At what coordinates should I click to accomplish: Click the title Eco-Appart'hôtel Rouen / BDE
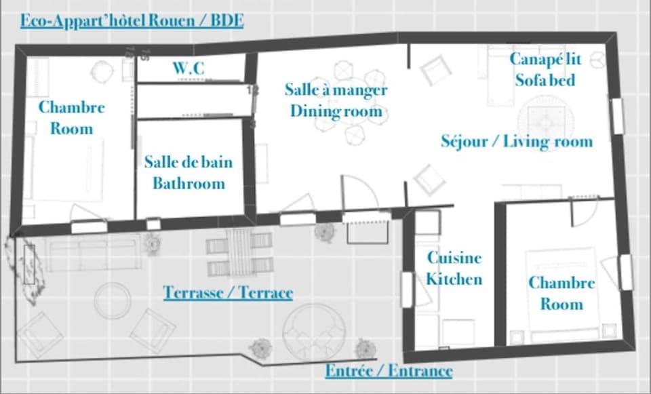point(132,20)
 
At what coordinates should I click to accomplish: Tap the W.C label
point(188,68)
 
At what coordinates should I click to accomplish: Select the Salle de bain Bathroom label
point(188,172)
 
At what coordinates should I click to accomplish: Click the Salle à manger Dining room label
point(336,100)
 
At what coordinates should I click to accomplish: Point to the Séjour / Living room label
point(517,141)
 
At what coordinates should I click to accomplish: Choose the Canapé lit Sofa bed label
point(545,69)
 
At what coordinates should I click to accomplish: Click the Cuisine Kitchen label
point(454,268)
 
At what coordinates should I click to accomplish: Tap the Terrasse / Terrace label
point(228,292)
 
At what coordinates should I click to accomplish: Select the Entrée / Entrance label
point(389,371)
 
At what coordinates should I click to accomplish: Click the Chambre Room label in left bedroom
point(71,117)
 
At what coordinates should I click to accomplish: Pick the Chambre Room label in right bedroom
point(561,293)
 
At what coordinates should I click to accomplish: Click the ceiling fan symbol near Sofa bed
point(596,61)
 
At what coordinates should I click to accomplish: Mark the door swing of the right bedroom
point(582,213)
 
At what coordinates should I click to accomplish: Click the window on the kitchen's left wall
point(407,289)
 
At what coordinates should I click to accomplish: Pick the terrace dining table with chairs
point(239,254)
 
